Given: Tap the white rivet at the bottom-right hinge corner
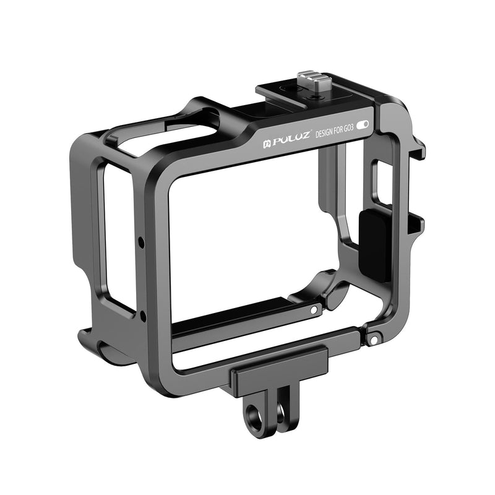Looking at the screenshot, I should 374,338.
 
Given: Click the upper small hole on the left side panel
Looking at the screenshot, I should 142,241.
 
